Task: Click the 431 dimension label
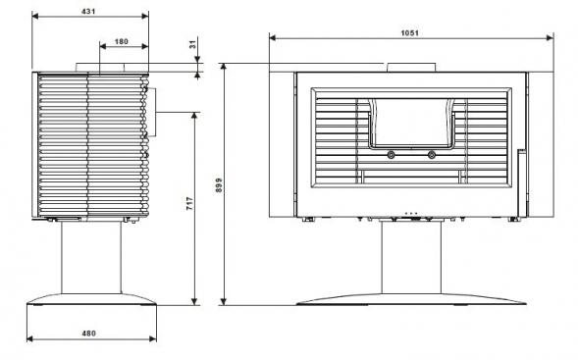coord(88,11)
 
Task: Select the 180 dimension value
coord(122,41)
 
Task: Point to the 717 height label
coord(189,203)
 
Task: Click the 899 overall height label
coord(219,185)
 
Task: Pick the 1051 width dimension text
coord(410,32)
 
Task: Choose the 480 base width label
coord(88,334)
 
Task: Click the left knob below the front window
coord(391,155)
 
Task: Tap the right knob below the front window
coord(432,155)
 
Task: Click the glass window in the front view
coord(411,122)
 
